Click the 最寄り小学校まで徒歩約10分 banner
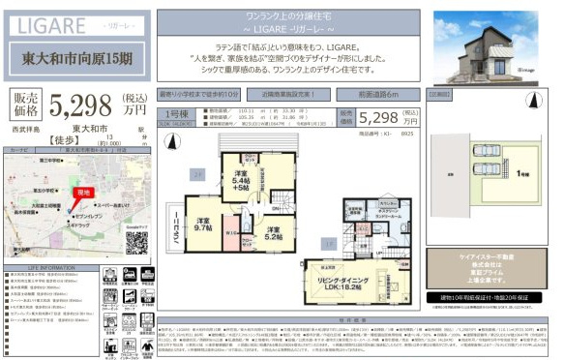tap(198, 95)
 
